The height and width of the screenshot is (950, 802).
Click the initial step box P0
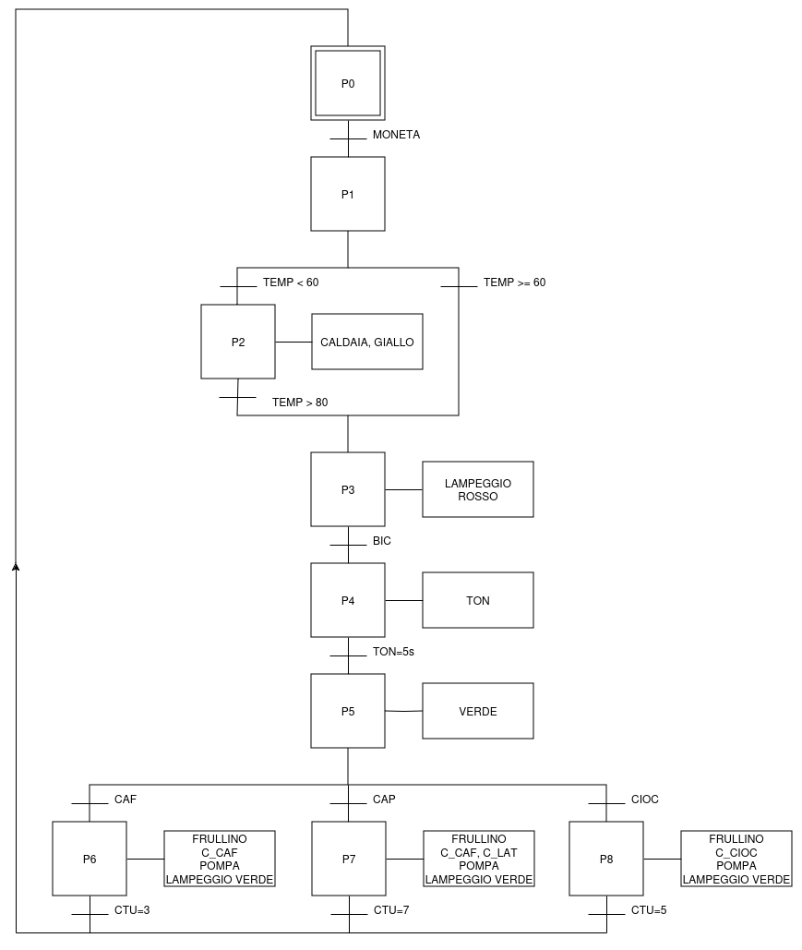point(348,83)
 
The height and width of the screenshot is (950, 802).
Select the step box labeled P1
point(348,194)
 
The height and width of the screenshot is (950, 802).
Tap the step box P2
point(238,342)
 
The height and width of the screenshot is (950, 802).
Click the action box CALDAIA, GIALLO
point(367,342)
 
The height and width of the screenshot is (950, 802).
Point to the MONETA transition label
point(396,135)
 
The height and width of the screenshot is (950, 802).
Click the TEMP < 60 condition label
point(291,283)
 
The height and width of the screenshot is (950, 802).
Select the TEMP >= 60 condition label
point(514,283)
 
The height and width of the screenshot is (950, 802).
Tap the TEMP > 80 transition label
point(300,403)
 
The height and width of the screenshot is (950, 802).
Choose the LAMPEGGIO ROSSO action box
point(478,489)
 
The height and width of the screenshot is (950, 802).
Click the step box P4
point(348,600)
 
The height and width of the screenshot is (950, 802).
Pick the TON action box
point(478,600)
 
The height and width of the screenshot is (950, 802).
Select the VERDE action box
point(478,711)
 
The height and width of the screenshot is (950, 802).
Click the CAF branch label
point(126,800)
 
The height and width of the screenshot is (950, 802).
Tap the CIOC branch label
point(645,800)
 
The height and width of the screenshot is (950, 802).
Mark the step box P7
point(349,859)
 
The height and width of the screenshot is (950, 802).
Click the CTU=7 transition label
point(391,910)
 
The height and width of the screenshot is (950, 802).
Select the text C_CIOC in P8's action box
point(736,853)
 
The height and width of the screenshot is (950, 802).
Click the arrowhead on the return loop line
point(16,566)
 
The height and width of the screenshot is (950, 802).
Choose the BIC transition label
point(382,541)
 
